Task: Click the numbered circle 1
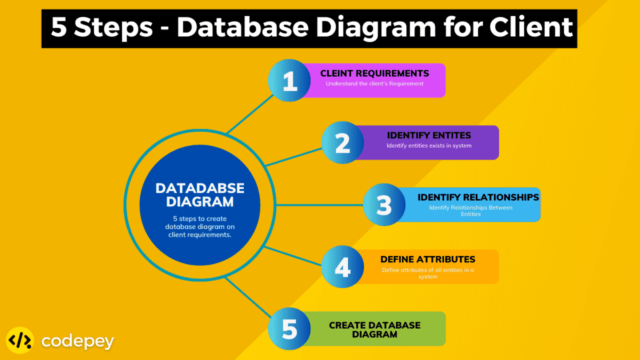pos(289,81)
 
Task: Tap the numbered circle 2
pos(342,142)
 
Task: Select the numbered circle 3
pos(384,205)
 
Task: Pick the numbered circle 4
pos(342,267)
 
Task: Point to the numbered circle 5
pos(289,329)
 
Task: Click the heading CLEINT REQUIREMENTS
pos(374,74)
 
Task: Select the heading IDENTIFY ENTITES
pos(429,135)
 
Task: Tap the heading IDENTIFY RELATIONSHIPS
pos(478,197)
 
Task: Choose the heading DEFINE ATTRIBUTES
pos(428,260)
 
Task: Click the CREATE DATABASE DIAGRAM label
pos(374,330)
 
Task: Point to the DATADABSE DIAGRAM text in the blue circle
pos(200,195)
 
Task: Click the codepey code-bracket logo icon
pos(20,340)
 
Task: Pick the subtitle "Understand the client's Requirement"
pos(374,84)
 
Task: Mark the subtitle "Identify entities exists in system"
pos(429,146)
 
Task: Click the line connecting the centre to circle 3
pos(320,205)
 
